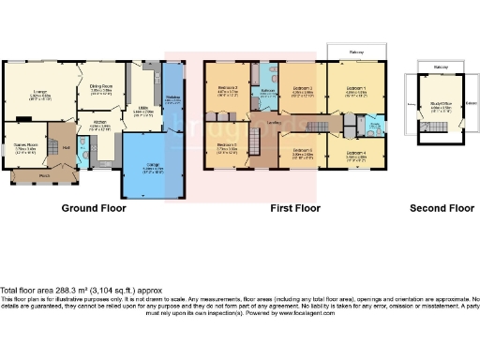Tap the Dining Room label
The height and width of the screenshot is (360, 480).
pos(100,86)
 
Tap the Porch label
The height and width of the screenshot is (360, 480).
pos(44,175)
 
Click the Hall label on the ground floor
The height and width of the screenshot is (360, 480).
pos(66,146)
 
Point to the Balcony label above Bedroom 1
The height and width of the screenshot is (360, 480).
pos(355,51)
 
